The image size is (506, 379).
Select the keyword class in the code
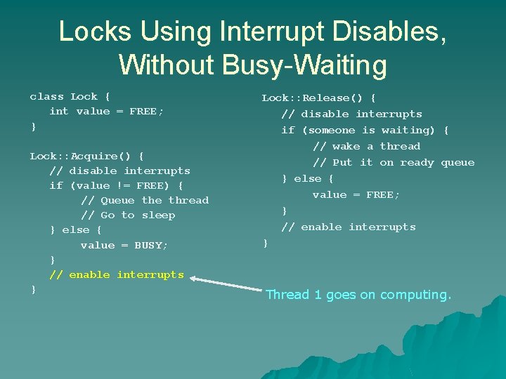point(46,96)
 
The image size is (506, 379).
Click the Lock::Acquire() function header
point(86,156)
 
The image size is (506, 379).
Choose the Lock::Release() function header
point(318,98)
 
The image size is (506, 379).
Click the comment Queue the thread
point(145,200)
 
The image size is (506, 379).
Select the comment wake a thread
point(366,146)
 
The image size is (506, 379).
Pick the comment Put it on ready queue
point(394,162)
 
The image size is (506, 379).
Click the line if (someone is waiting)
point(365,130)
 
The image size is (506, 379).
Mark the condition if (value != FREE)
point(116,185)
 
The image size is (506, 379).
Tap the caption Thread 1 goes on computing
point(358,295)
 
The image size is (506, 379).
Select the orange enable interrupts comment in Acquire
point(117,274)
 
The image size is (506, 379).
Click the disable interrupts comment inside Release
point(351,114)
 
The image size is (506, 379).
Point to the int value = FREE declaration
point(106,111)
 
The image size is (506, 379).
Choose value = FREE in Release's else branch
point(356,194)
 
